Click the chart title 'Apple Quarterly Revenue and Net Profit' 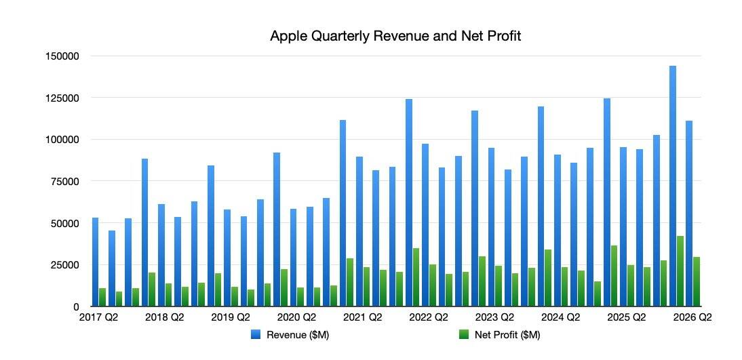click(x=395, y=36)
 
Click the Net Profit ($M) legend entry click(x=501, y=335)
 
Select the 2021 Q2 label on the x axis click(x=362, y=317)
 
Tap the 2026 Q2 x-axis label click(x=692, y=317)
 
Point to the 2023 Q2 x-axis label click(x=494, y=317)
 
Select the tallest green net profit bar click(x=680, y=271)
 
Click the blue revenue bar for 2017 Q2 click(x=95, y=262)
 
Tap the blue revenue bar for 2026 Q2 click(x=689, y=214)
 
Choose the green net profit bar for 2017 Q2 click(x=102, y=297)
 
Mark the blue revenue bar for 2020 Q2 click(x=293, y=258)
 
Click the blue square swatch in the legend click(x=256, y=335)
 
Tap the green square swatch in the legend click(x=464, y=335)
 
